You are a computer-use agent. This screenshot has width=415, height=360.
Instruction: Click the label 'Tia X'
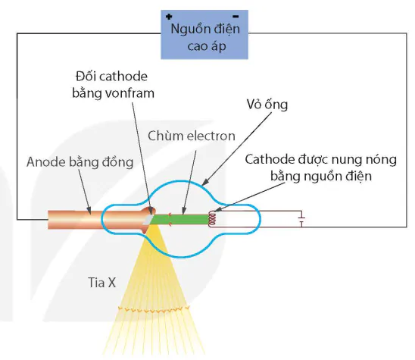(x=101, y=283)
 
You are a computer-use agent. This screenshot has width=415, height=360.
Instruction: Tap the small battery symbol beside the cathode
(x=301, y=219)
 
